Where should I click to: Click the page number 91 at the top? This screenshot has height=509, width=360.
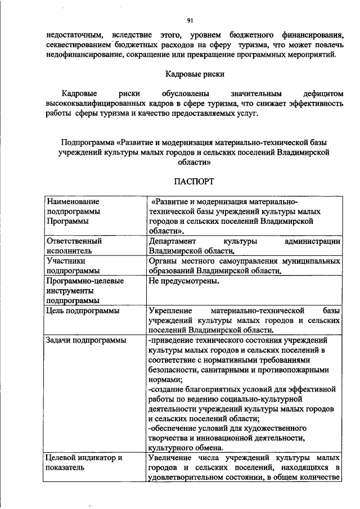click(190, 21)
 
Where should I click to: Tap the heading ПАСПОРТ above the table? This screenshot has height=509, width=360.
click(193, 182)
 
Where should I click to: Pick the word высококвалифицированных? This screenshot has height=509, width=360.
click(89, 103)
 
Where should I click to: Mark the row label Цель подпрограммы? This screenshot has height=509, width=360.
click(83, 310)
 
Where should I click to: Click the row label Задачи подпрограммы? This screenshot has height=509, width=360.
click(86, 340)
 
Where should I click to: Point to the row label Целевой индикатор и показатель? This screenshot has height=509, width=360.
click(84, 462)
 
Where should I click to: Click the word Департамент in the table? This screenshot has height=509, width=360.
click(172, 241)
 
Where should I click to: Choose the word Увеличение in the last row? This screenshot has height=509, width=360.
click(171, 458)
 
